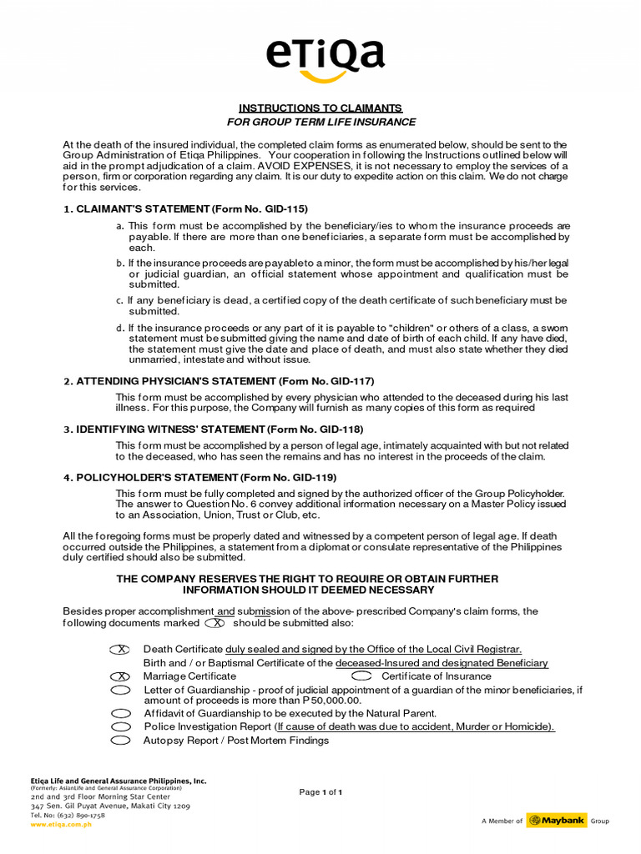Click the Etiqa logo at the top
[325, 58]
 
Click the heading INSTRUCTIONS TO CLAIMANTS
[320, 108]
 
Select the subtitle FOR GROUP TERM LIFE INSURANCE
[321, 122]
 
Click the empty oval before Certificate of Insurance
[362, 676]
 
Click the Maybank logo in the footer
[556, 821]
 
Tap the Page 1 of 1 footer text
[321, 791]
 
